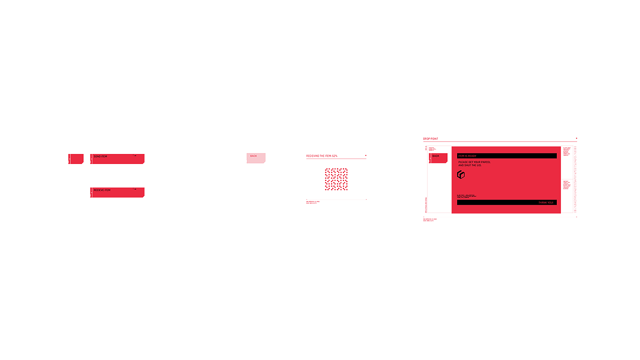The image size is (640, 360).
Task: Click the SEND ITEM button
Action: point(117,159)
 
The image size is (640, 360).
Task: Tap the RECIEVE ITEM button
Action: point(117,192)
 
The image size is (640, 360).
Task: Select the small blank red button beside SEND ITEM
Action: point(76,159)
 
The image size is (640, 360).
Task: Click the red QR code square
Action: point(336,179)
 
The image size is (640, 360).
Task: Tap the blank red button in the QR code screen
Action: point(256,158)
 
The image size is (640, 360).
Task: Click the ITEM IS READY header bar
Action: point(507,156)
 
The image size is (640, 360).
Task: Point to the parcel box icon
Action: point(461,175)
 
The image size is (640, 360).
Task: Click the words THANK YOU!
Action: point(545,202)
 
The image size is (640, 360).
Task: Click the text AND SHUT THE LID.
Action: point(470,165)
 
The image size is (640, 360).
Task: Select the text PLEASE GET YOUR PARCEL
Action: point(475,162)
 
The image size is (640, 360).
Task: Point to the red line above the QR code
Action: point(336,159)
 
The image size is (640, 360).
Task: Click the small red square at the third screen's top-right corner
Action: point(576,138)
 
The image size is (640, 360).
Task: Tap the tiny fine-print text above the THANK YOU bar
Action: point(466,196)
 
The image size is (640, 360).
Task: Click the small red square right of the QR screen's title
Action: point(366,156)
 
